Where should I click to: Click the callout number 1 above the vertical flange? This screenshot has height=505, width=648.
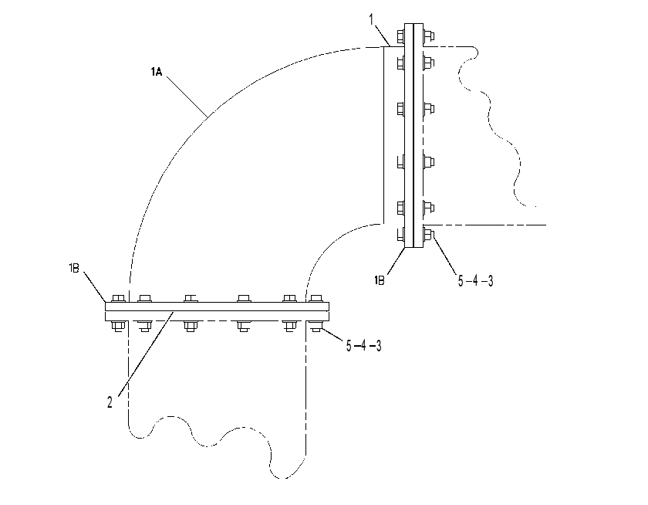372,19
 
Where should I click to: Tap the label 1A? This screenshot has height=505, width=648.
157,73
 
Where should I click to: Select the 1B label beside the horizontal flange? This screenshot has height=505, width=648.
74,269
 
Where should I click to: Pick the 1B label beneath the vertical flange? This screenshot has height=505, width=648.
380,281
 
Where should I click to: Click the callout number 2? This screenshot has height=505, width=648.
110,402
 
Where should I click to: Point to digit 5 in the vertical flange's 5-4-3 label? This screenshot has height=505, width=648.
461,281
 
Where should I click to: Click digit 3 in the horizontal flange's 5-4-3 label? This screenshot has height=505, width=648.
378,345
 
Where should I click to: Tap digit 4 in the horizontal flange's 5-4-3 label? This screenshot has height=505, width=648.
363,345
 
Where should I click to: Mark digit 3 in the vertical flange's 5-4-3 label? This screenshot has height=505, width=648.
490,281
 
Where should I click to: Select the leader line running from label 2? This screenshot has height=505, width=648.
147,354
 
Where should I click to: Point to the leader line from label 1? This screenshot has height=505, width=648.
383,35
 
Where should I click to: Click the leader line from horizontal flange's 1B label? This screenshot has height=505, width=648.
95,286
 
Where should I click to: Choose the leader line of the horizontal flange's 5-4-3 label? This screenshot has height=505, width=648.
332,334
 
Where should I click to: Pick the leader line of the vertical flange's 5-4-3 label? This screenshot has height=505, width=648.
444,254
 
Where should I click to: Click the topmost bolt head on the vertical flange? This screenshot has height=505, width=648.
400,36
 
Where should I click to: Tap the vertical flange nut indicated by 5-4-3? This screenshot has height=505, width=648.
428,235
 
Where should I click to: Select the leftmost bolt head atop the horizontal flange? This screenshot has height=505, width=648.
119,298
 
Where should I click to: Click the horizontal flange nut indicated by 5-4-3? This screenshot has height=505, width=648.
316,327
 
